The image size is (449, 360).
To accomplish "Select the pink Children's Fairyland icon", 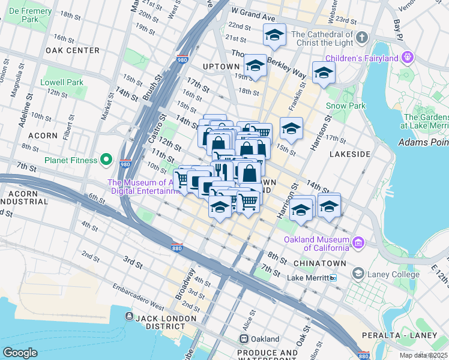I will tap(408, 58).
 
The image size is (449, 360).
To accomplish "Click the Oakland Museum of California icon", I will tap(358, 242).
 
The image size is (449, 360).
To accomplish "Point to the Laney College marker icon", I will tap(358, 274).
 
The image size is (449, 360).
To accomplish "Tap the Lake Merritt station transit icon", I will tap(334, 278).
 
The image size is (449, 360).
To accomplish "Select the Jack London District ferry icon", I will tap(129, 316).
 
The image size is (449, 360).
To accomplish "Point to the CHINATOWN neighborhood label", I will tap(320, 263).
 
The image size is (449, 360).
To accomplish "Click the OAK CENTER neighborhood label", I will tap(72, 50).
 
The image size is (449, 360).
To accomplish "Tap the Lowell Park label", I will tap(62, 82).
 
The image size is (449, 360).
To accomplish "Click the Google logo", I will tap(20, 353).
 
